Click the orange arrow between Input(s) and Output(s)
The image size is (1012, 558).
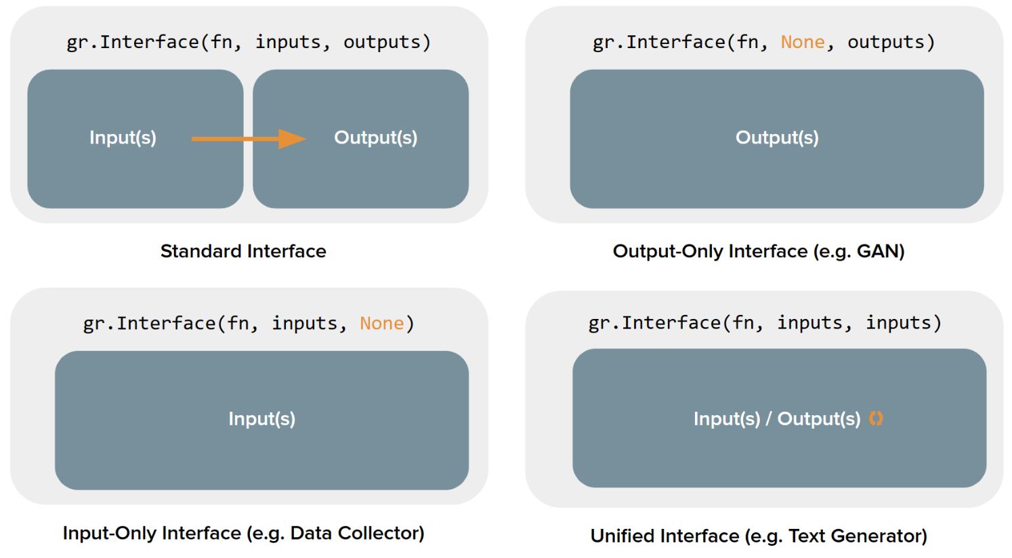point(249,139)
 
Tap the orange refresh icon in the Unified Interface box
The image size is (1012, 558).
point(876,418)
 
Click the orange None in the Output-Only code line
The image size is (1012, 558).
point(803,42)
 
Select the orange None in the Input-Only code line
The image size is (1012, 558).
point(382,324)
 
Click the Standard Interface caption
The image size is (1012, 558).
point(243,251)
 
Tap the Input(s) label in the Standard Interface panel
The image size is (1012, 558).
point(123,137)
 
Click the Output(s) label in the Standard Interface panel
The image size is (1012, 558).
point(375,137)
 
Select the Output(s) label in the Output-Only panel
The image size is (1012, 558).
point(777,137)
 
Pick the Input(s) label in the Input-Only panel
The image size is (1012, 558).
point(262,419)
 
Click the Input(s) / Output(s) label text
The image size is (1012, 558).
point(777,419)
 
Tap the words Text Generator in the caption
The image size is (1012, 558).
point(855,536)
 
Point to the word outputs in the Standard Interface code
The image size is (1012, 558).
point(382,43)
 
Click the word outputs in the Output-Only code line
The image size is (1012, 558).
point(885,43)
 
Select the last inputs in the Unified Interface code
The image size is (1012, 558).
point(898,323)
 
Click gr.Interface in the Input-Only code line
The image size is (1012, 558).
point(150,324)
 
